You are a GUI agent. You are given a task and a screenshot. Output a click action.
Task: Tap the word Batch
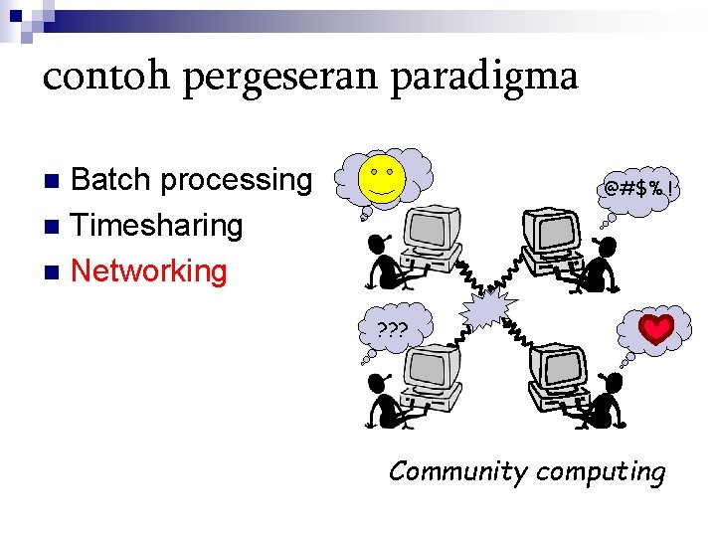(x=111, y=180)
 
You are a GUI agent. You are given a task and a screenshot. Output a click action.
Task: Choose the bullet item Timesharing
(x=157, y=226)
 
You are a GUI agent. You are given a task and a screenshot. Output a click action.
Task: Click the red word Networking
(x=149, y=270)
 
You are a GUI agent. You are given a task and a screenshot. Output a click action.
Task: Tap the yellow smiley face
(x=381, y=177)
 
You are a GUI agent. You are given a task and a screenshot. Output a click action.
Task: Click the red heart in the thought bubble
(x=656, y=329)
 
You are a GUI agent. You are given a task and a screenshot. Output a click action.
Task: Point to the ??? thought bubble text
(x=393, y=329)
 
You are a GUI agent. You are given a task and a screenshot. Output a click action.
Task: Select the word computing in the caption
(x=601, y=471)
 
